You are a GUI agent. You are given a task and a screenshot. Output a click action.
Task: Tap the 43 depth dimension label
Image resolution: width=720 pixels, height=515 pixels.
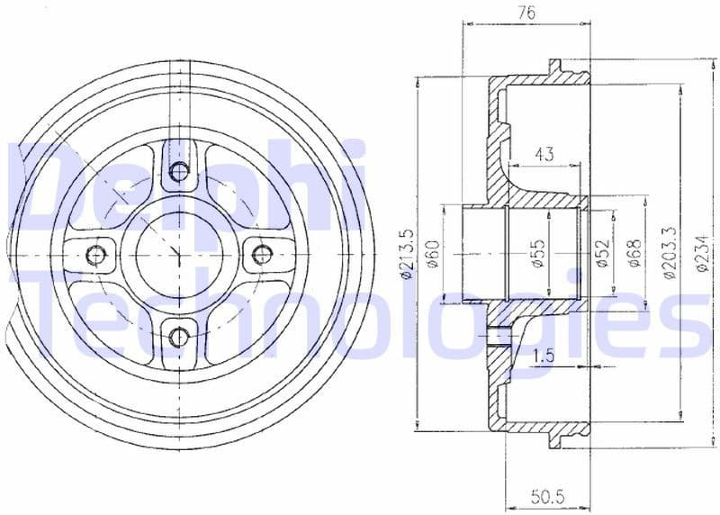coord(544,155)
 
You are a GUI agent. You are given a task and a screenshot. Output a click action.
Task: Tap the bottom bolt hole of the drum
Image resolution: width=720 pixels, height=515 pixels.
coord(179,337)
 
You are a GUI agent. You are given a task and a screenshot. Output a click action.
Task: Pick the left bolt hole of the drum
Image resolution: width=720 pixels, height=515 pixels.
coord(97,255)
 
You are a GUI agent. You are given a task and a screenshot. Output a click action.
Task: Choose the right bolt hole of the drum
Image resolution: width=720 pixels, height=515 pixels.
coord(261,255)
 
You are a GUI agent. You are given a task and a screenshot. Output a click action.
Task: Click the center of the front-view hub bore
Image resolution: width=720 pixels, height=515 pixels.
coord(179,255)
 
